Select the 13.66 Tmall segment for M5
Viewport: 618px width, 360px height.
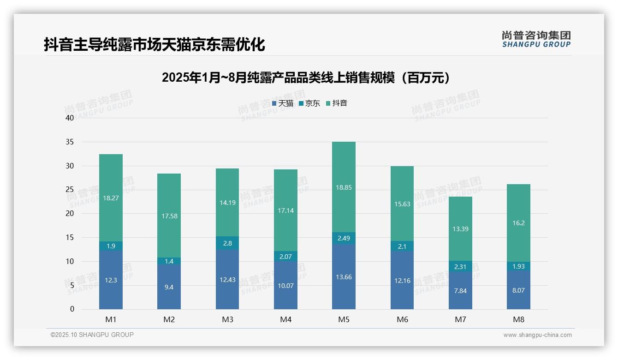pyautogui.click(x=344, y=277)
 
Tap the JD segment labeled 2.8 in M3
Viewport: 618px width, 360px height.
pyautogui.click(x=227, y=243)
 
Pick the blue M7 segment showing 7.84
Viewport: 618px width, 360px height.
pyautogui.click(x=460, y=291)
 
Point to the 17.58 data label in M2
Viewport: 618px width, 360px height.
pyautogui.click(x=169, y=216)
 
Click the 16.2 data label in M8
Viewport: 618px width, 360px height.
pyautogui.click(x=518, y=223)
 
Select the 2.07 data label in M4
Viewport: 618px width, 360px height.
pyautogui.click(x=285, y=256)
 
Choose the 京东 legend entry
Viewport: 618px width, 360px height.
pyautogui.click(x=309, y=103)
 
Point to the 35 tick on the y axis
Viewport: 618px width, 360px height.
pyautogui.click(x=70, y=142)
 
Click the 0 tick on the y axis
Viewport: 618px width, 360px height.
pyautogui.click(x=72, y=309)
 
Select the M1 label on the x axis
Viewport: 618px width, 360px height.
pyautogui.click(x=111, y=319)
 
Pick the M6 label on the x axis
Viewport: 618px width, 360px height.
pyautogui.click(x=402, y=319)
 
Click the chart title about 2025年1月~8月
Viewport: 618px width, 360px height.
pyautogui.click(x=306, y=78)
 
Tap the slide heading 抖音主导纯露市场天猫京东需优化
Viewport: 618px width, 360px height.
pyautogui.click(x=154, y=45)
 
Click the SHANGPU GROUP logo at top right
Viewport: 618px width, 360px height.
pyautogui.click(x=536, y=39)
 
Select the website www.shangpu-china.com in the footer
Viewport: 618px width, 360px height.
pyautogui.click(x=537, y=335)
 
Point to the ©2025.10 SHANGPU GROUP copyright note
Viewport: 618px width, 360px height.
pyautogui.click(x=92, y=335)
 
